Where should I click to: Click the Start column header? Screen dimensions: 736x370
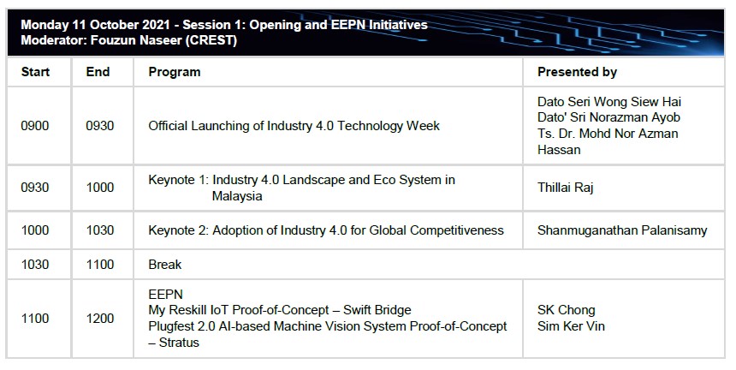[35, 72]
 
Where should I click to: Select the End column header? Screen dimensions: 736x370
[98, 72]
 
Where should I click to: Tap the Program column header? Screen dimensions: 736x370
[174, 72]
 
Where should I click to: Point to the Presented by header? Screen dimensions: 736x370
[577, 72]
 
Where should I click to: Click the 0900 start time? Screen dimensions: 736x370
[35, 126]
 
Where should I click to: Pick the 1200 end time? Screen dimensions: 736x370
[100, 319]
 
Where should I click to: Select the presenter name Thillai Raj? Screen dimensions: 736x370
[566, 188]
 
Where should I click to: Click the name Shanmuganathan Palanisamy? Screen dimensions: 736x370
[622, 230]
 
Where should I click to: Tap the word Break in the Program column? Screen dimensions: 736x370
[165, 265]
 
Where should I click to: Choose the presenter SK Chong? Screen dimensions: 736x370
[566, 310]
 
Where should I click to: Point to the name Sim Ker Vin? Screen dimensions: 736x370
[571, 325]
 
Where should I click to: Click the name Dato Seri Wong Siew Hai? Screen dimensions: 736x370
[609, 102]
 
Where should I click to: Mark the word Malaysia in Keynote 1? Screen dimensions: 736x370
[237, 196]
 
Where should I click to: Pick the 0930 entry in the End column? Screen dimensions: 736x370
[100, 126]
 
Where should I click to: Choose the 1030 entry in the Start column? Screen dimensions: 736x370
[35, 265]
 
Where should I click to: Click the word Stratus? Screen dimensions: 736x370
[179, 343]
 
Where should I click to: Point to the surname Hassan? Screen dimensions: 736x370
[559, 150]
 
